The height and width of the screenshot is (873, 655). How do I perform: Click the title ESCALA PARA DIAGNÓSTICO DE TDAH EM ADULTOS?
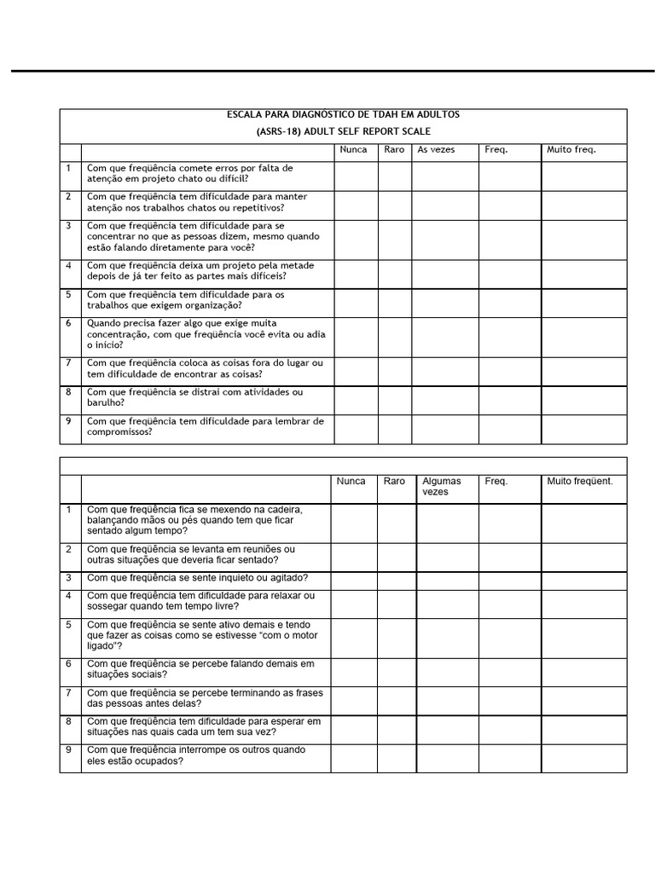pyautogui.click(x=344, y=114)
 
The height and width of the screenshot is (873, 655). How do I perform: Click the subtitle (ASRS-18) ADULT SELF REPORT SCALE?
pyautogui.click(x=344, y=131)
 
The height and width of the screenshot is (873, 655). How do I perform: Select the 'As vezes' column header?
pyautogui.click(x=436, y=150)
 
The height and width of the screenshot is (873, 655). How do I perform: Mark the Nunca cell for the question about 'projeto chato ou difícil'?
pyautogui.click(x=356, y=175)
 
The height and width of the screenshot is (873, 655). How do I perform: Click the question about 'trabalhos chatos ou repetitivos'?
pyautogui.click(x=197, y=202)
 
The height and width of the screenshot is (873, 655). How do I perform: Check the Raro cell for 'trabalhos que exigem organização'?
pyautogui.click(x=395, y=301)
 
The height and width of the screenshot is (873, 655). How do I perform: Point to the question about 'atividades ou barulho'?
pyautogui.click(x=194, y=398)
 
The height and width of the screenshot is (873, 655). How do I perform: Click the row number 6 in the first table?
pyautogui.click(x=68, y=324)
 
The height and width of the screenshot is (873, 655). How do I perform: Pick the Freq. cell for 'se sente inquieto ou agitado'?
pyautogui.click(x=509, y=579)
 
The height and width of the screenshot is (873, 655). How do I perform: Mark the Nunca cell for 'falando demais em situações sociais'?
pyautogui.click(x=354, y=669)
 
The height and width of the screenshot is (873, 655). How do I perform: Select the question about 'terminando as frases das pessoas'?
pyautogui.click(x=205, y=698)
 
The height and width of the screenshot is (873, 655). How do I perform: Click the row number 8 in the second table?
pyautogui.click(x=68, y=722)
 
